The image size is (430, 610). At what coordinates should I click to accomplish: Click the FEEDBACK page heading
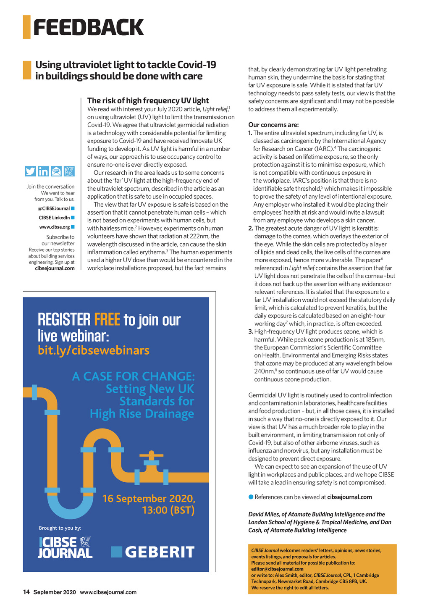[88, 27]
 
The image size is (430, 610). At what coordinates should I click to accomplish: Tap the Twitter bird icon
[30, 171]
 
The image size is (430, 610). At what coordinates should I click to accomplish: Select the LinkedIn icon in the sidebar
[43, 171]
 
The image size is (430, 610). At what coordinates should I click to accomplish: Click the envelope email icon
[56, 171]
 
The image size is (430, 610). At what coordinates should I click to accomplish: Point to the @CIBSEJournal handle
[54, 208]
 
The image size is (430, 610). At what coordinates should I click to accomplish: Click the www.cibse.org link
[54, 227]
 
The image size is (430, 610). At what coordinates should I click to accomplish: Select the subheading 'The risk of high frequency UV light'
[148, 100]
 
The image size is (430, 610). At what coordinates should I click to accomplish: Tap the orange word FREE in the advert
[107, 320]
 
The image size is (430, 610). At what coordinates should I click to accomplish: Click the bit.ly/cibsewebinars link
[94, 350]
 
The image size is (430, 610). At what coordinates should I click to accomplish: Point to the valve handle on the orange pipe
[151, 455]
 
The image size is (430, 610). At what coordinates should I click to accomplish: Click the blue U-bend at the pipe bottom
[70, 506]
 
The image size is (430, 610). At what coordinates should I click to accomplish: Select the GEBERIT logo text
[160, 552]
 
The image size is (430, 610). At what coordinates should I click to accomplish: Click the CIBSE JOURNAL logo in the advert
[65, 547]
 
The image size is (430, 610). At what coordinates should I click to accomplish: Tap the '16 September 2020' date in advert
[149, 499]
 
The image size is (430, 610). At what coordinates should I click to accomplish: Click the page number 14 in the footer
[26, 592]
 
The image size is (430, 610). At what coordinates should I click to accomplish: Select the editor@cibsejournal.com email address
[271, 569]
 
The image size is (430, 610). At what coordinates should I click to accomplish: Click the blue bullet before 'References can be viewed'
[251, 497]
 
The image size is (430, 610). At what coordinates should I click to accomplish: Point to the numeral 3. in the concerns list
[251, 331]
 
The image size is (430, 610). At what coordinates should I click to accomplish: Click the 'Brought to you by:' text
[60, 528]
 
